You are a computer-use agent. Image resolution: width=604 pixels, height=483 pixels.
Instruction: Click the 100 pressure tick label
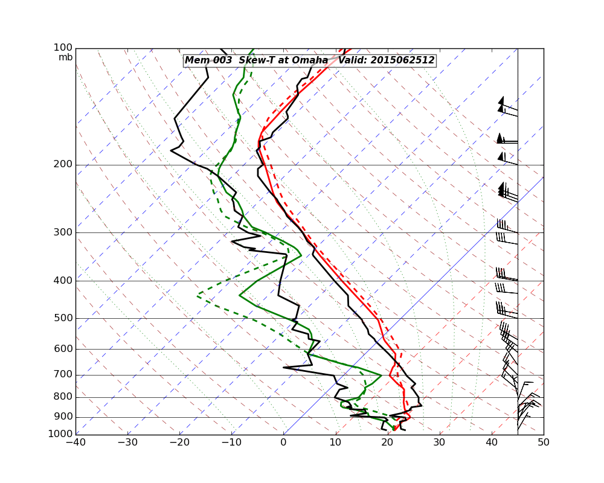pos(63,48)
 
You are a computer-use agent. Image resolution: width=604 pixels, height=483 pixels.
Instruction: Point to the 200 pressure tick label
pos(63,165)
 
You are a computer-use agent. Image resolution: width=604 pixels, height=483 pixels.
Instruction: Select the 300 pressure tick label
pos(63,233)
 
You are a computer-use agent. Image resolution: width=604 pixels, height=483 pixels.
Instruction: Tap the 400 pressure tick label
pos(63,281)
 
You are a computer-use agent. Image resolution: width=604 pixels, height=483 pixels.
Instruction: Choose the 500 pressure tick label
pos(63,318)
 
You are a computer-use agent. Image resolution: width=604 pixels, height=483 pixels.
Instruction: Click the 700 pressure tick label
pos(63,375)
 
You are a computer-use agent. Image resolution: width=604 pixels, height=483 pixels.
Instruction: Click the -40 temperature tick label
pos(75,443)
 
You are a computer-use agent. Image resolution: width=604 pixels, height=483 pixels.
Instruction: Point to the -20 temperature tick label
pos(179,443)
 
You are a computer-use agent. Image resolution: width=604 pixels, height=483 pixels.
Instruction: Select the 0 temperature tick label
pos(283,443)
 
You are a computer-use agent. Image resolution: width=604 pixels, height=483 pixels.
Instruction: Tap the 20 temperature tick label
pos(387,443)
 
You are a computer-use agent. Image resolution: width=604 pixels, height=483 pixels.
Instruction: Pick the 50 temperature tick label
pos(544,443)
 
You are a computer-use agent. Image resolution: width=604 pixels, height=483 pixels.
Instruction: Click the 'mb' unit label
pos(65,57)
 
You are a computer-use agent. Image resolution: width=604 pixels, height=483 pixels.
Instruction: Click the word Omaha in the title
pos(309,60)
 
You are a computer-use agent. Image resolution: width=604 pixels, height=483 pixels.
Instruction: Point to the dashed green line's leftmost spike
pos(198,296)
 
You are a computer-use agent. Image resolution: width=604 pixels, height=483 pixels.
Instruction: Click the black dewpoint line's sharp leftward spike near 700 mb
pos(284,367)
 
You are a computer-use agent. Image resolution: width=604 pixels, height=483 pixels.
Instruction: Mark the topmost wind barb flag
pos(501,100)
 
